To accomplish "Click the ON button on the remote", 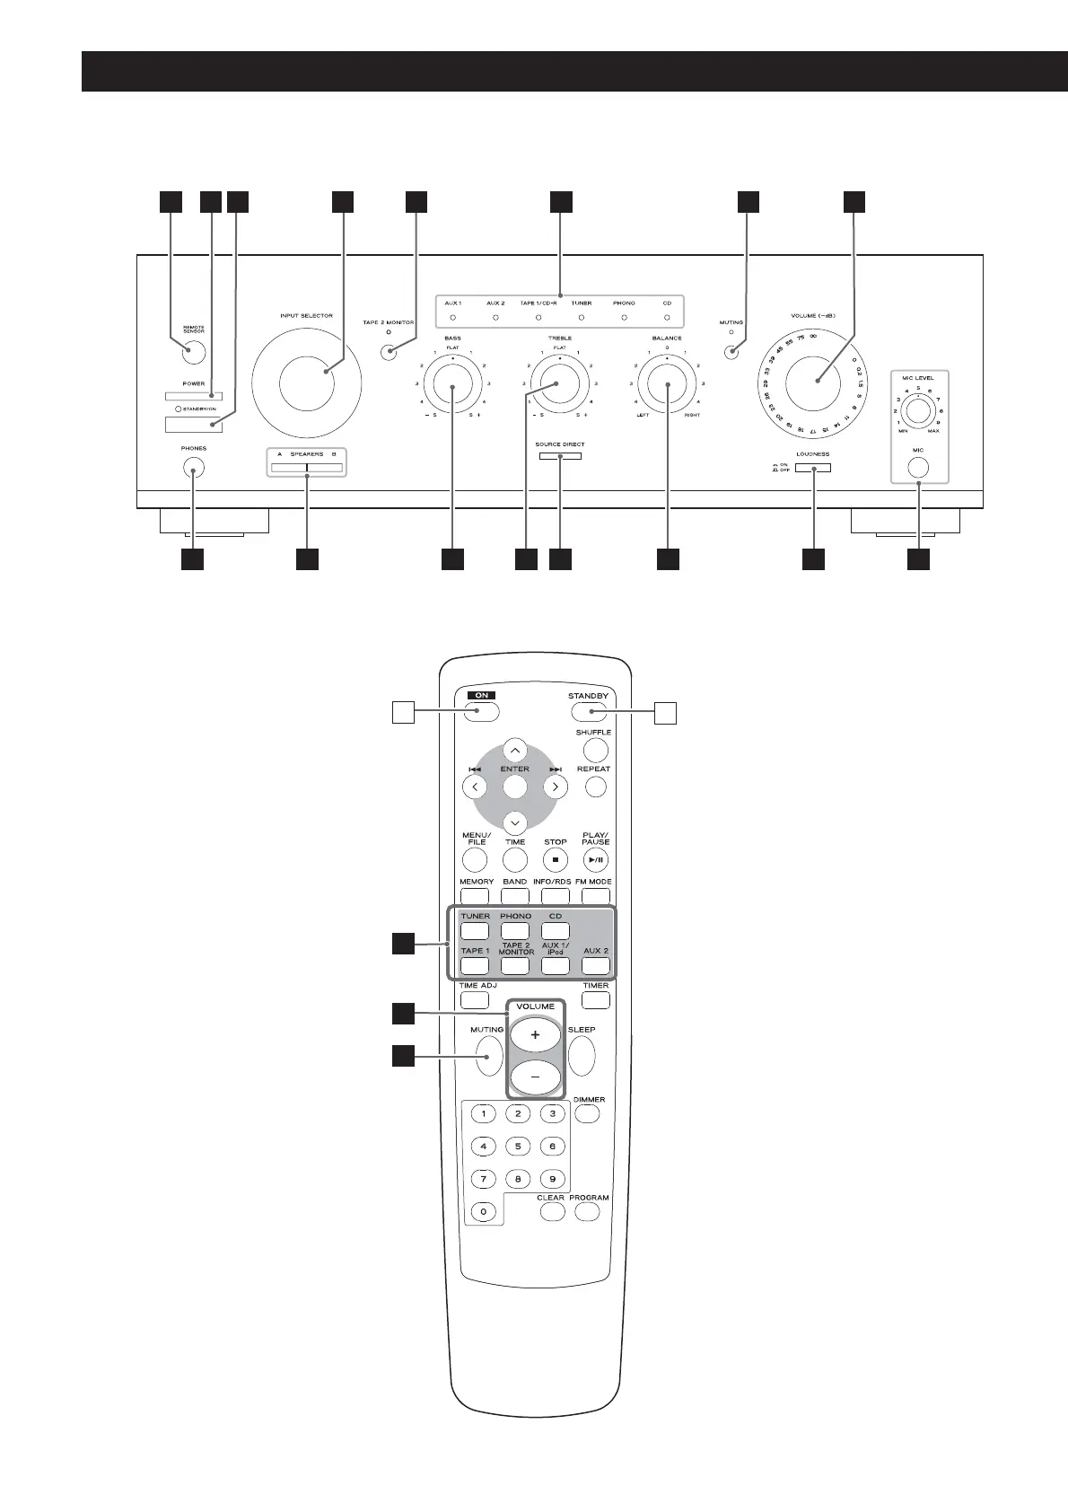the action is click(x=482, y=713).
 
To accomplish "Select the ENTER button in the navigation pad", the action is click(x=514, y=787).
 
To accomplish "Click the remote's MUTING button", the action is click(x=490, y=1056).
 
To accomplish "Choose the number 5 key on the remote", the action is click(x=518, y=1146).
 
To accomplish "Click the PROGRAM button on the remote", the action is click(x=587, y=1211).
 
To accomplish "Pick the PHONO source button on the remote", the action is click(x=515, y=931).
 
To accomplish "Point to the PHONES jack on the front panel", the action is click(x=193, y=467).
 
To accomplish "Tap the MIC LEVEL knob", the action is click(x=917, y=411).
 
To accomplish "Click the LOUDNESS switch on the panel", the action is click(x=811, y=467).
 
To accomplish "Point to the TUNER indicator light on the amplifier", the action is click(x=582, y=318).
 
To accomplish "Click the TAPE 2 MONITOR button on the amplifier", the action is click(x=389, y=350).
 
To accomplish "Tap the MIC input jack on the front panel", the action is click(x=917, y=467).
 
